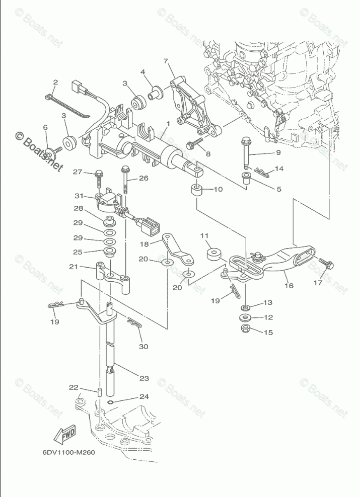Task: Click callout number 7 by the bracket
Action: (x=165, y=62)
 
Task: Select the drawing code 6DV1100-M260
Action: (x=69, y=451)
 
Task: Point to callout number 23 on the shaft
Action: (x=143, y=378)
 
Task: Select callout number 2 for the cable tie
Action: (x=56, y=82)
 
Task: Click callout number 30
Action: (x=144, y=347)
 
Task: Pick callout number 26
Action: (x=144, y=178)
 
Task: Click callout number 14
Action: (x=279, y=169)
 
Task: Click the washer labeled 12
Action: (x=246, y=318)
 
